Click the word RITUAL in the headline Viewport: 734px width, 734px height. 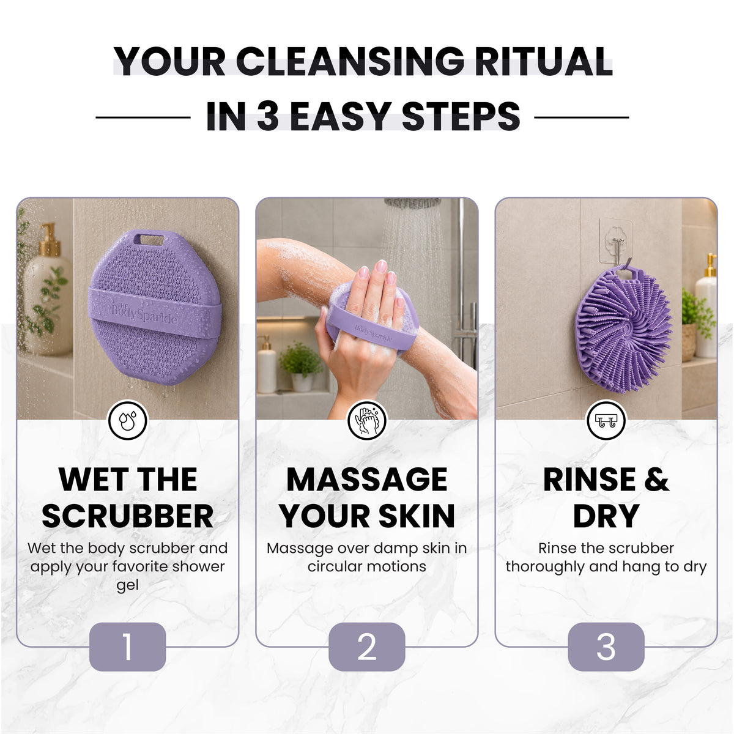click(x=543, y=61)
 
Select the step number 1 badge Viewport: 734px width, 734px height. click(x=128, y=647)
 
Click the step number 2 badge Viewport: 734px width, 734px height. click(x=367, y=647)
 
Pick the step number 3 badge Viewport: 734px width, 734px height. click(x=606, y=647)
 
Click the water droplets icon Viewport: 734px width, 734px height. click(x=128, y=420)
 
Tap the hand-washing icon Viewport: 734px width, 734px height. click(x=367, y=420)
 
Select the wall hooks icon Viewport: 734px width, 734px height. click(x=606, y=420)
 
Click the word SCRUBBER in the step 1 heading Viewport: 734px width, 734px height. click(x=128, y=516)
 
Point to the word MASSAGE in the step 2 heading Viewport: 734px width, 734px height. click(x=367, y=479)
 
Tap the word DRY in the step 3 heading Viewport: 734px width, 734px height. click(x=606, y=516)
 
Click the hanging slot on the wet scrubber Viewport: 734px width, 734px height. click(x=149, y=240)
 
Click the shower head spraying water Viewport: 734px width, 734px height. click(x=412, y=203)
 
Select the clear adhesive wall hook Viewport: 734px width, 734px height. click(x=615, y=241)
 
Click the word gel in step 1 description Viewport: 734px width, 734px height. click(x=127, y=585)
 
